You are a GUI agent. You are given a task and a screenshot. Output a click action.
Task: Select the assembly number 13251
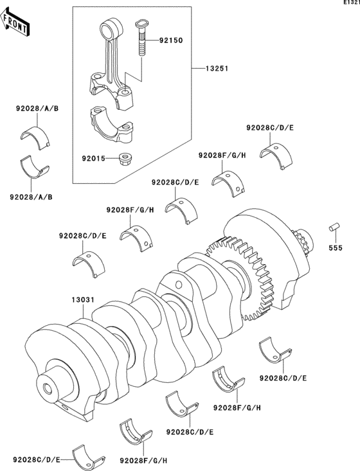tap(217, 68)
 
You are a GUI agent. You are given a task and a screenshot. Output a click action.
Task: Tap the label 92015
tap(94, 156)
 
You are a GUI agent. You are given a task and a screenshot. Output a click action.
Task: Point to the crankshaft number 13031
tap(84, 299)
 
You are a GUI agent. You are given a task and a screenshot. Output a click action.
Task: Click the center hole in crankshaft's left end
tap(48, 388)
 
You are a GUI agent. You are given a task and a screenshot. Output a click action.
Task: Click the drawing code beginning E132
tap(350, 4)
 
